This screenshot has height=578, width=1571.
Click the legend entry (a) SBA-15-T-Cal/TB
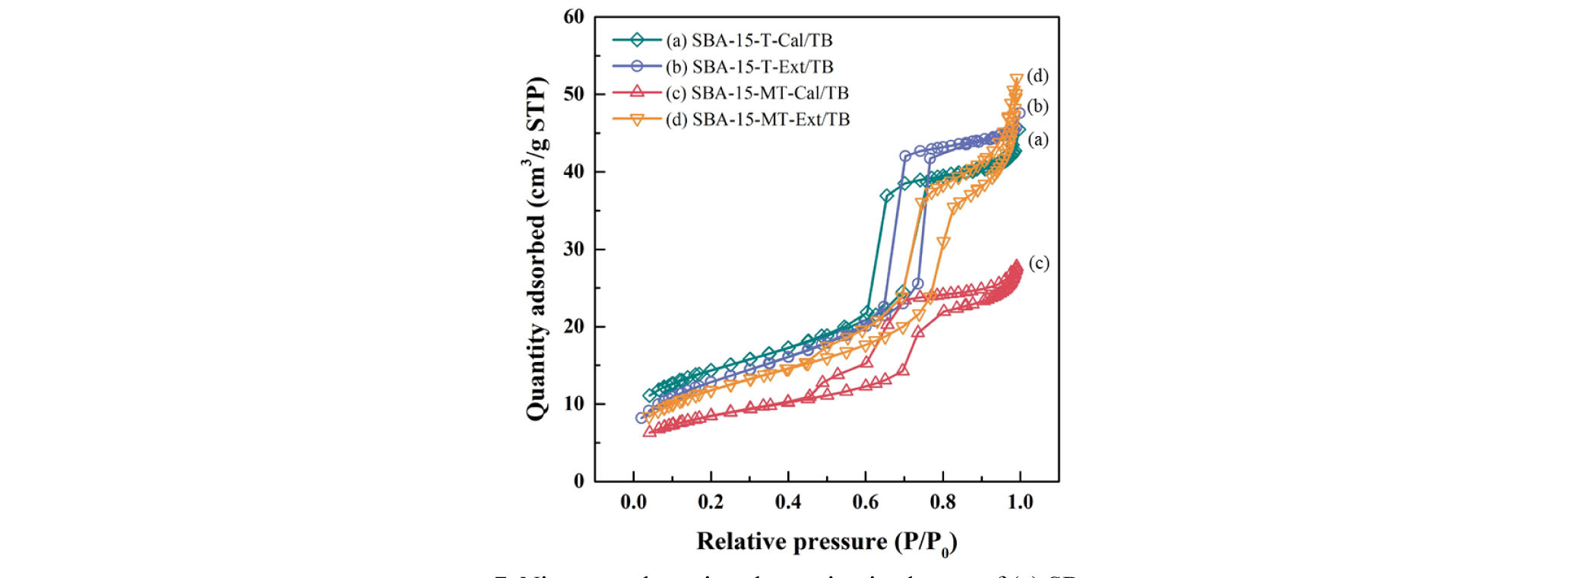click(x=749, y=40)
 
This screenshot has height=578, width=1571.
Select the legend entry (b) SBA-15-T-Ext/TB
click(x=749, y=67)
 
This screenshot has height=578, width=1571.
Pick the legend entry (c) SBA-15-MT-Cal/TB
click(x=757, y=93)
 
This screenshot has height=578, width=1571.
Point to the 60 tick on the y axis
click(x=574, y=17)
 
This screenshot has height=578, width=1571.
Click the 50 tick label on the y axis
click(x=574, y=94)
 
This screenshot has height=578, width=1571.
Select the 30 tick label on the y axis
click(x=574, y=249)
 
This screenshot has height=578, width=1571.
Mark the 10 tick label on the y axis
click(x=574, y=404)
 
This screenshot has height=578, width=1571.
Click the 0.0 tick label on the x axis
click(x=633, y=502)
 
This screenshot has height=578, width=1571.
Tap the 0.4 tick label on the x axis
click(x=788, y=502)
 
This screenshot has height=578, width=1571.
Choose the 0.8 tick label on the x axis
click(x=943, y=502)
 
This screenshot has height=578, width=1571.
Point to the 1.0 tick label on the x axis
click(x=1021, y=502)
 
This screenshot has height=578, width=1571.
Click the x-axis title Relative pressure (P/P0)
click(x=827, y=542)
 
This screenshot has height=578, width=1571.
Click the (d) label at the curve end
click(x=1037, y=76)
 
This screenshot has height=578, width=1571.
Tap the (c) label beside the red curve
click(x=1039, y=263)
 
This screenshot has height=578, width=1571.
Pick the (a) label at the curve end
click(x=1038, y=139)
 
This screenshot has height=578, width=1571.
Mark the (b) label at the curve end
click(x=1037, y=106)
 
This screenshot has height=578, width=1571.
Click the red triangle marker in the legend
click(x=637, y=92)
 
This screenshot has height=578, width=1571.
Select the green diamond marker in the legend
click(x=637, y=40)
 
